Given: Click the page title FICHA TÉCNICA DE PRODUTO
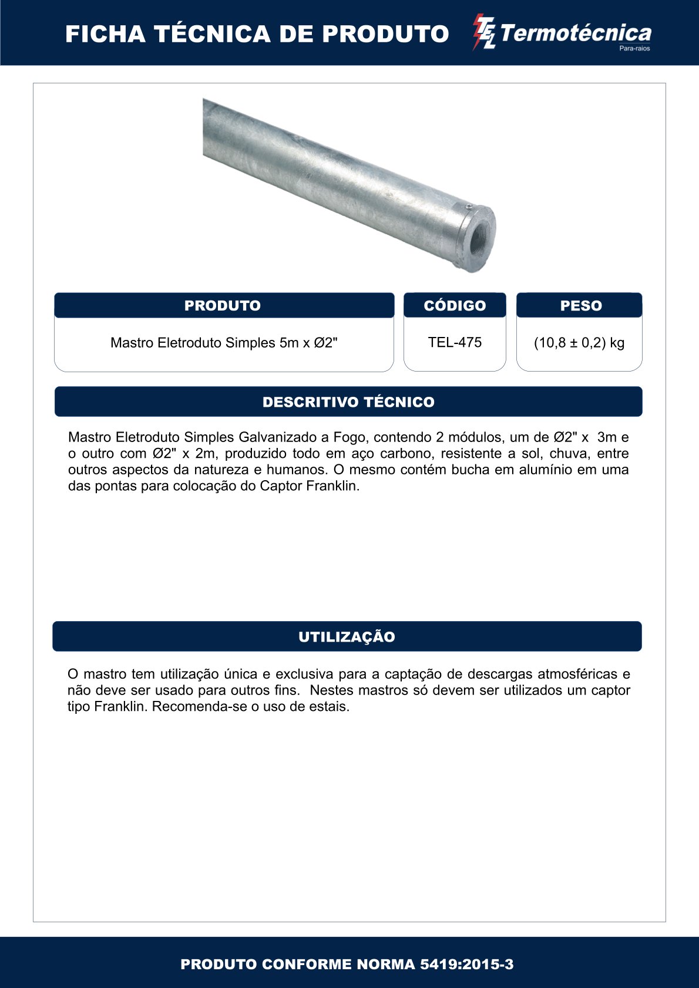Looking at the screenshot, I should [x=257, y=34].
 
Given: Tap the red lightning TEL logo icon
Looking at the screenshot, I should [x=485, y=32].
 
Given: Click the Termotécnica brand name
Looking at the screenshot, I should [x=576, y=33].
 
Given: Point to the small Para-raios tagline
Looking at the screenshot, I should [x=634, y=49].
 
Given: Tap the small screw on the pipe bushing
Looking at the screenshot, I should [x=468, y=207].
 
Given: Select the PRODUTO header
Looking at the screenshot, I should [x=223, y=305].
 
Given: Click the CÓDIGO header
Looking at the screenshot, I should [x=455, y=305].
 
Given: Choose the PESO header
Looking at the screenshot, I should [x=580, y=305].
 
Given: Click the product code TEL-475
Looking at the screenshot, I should [x=455, y=342].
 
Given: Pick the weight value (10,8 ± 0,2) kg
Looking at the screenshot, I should [x=579, y=343].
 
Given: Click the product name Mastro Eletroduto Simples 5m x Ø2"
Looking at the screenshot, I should [x=224, y=343].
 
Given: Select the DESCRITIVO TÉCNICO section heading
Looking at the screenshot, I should [x=348, y=402].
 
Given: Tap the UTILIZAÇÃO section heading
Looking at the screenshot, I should [x=347, y=637].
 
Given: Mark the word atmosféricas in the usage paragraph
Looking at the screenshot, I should [x=577, y=674].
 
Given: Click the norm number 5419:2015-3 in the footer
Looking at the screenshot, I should [x=466, y=964].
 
